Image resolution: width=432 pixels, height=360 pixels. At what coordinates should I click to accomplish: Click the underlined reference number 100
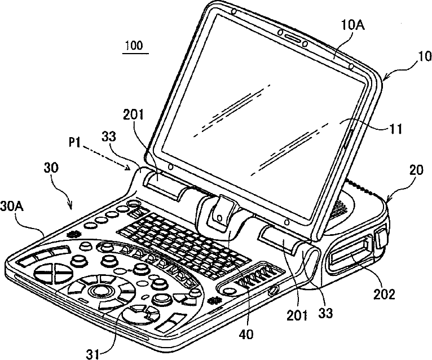135,45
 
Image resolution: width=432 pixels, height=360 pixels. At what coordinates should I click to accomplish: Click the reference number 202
384,295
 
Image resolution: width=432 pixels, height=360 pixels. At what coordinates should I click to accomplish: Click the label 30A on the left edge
12,206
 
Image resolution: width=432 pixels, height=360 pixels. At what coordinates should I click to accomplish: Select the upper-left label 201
133,115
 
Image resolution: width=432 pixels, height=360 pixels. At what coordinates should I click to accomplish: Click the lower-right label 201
297,315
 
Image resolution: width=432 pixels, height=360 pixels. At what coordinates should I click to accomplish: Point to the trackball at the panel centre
99,290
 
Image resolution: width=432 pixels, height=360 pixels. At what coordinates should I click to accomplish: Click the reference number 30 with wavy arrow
51,168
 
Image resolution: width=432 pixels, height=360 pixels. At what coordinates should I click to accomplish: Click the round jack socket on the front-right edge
274,290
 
